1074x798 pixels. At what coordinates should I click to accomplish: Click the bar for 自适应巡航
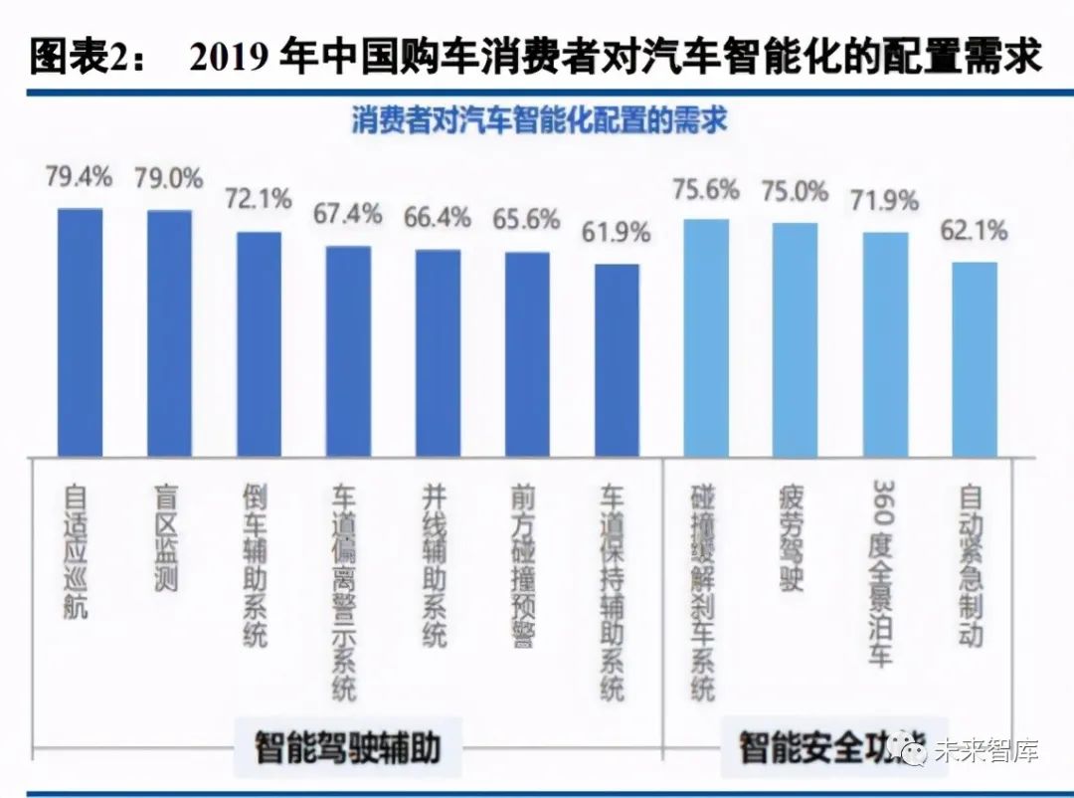(80, 332)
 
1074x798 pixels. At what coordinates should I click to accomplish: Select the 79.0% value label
(168, 179)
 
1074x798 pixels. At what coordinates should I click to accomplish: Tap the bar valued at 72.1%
(259, 344)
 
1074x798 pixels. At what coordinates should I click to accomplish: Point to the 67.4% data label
(348, 213)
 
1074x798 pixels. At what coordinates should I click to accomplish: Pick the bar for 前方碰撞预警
(527, 354)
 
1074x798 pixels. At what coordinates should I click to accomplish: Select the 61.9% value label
(617, 233)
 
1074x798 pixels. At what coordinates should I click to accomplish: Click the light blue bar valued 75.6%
(706, 337)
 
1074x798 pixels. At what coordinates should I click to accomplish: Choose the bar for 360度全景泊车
(885, 344)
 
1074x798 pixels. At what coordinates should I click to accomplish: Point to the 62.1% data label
(974, 231)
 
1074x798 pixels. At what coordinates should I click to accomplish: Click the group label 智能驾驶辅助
(347, 746)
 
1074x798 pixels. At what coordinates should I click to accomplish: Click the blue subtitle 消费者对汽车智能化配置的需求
(538, 120)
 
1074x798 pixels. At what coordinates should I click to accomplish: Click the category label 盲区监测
(167, 537)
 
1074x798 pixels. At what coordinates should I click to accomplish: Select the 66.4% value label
(438, 217)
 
